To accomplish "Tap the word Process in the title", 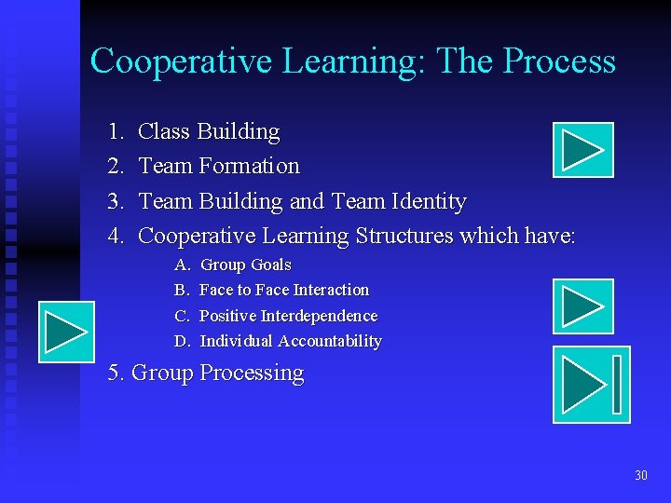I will (559, 61).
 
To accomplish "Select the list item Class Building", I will (209, 132).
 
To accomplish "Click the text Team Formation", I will (219, 167).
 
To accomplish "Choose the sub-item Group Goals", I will (246, 265).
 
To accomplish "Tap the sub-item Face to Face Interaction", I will (284, 291).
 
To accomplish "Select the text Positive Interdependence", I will (289, 317).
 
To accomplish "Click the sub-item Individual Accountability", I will (291, 342).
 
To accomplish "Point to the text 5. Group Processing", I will (206, 374).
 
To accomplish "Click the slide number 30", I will (640, 476).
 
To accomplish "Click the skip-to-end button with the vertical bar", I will (592, 384).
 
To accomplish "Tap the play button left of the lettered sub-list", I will (66, 332).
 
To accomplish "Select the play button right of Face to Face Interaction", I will (582, 306).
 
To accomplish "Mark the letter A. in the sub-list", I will (181, 265).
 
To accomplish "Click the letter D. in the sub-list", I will (182, 342).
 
